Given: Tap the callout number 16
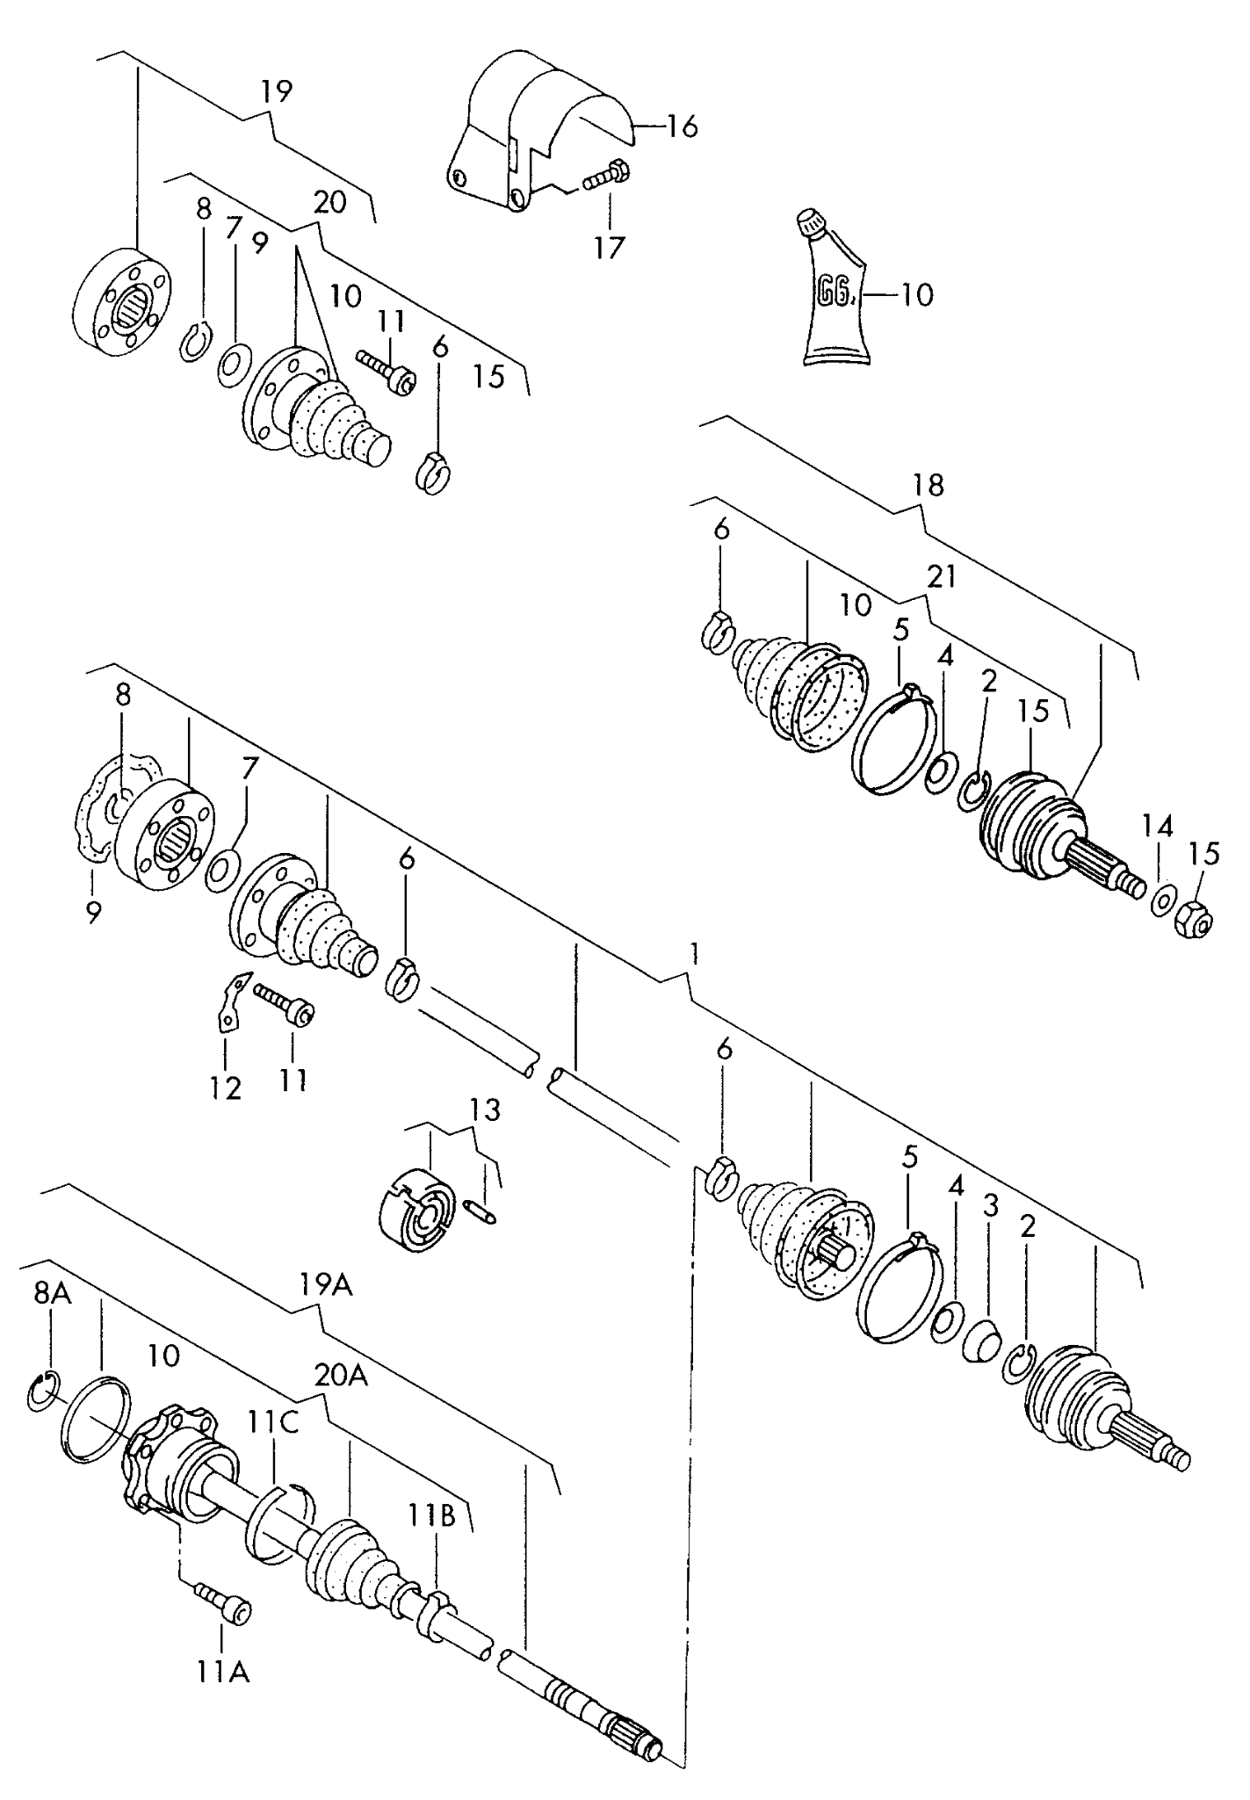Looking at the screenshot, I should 681,127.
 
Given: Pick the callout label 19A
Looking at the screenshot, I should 324,1285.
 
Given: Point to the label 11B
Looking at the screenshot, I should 430,1515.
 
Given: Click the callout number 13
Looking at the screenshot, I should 484,1110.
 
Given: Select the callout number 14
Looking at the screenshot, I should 1157,826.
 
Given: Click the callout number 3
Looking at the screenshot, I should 991,1206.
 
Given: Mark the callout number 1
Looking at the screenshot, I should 694,953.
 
